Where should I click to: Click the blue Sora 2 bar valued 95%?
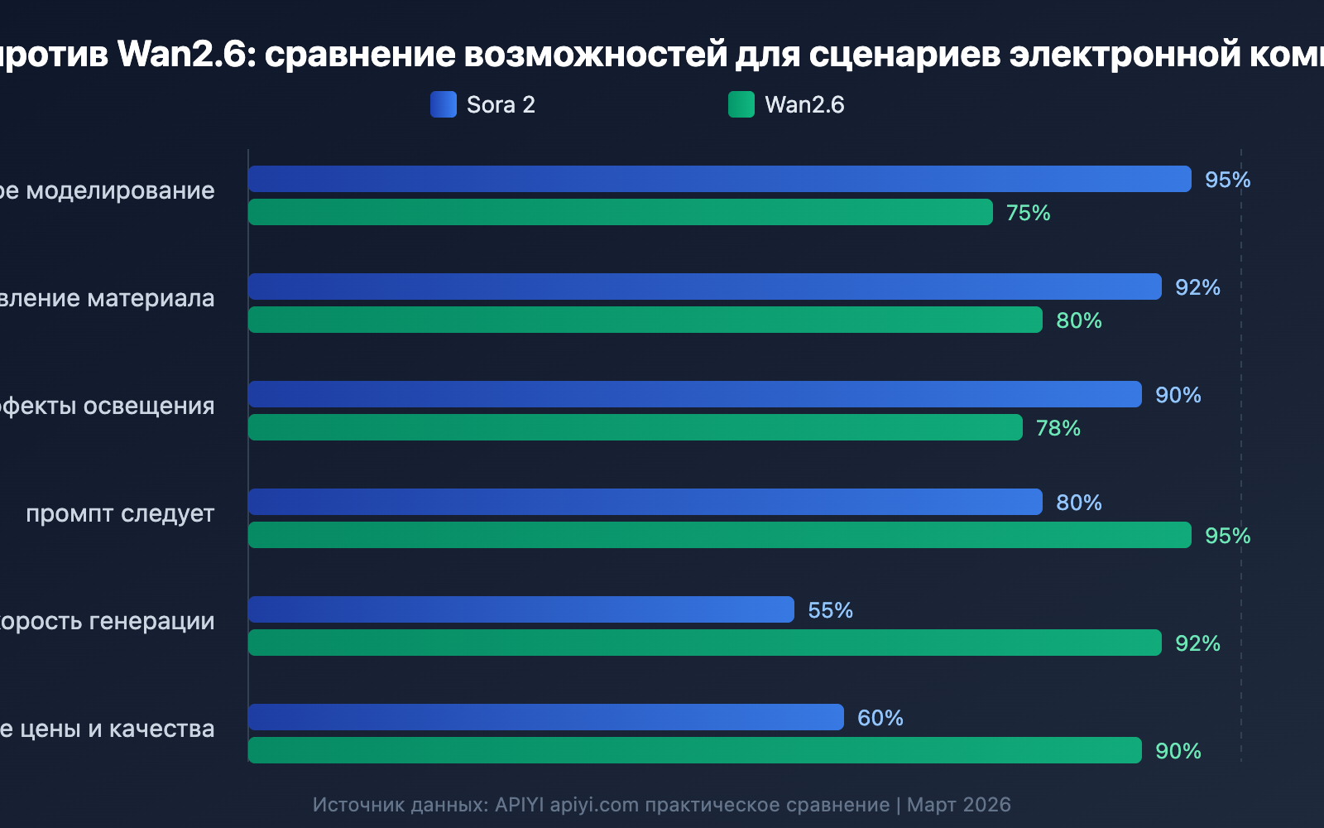point(720,179)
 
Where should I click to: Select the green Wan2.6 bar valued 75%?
point(621,212)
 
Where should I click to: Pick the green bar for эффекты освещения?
point(636,427)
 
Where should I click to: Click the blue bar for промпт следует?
point(645,502)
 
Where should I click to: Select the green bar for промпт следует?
point(720,535)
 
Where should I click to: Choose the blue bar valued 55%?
point(521,609)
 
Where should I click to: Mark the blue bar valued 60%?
point(546,717)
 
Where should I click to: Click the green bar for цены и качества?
point(695,750)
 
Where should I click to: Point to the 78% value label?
point(1058,428)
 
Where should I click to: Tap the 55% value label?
point(830,610)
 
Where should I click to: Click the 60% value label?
point(880,718)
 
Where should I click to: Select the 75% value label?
point(1028,213)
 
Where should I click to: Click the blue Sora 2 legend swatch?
point(444,104)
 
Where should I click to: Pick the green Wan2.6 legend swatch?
point(741,104)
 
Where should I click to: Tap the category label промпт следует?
point(120,513)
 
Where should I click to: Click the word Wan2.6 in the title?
point(182,55)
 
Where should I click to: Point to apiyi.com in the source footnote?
point(594,805)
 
